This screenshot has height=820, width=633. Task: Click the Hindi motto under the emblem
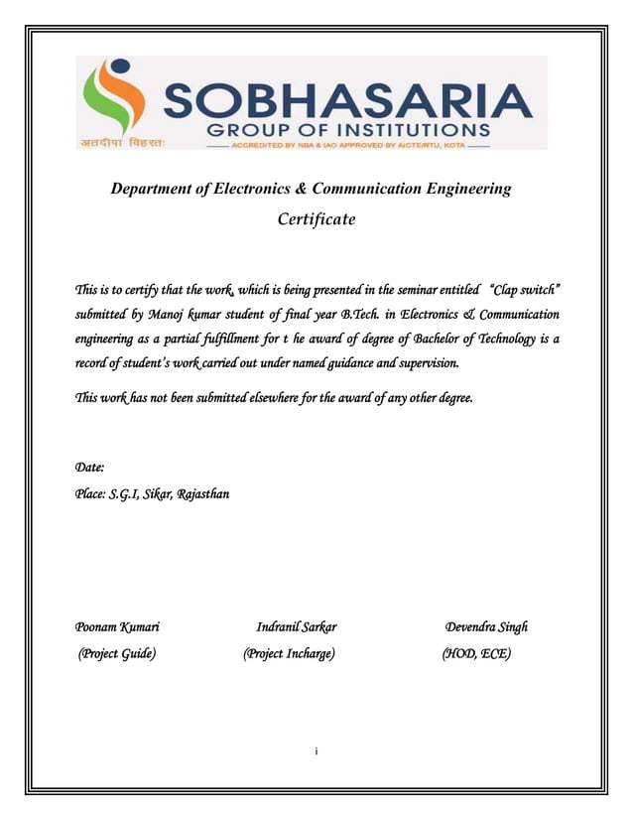(x=123, y=142)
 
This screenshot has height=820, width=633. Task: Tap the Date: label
(x=90, y=467)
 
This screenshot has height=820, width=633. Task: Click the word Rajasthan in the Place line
(x=203, y=493)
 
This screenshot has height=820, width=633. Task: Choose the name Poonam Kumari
(x=118, y=626)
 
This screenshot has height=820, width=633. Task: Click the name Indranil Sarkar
(x=296, y=626)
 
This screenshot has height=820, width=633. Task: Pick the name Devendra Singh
(x=486, y=626)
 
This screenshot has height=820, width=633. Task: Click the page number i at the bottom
(x=316, y=752)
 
